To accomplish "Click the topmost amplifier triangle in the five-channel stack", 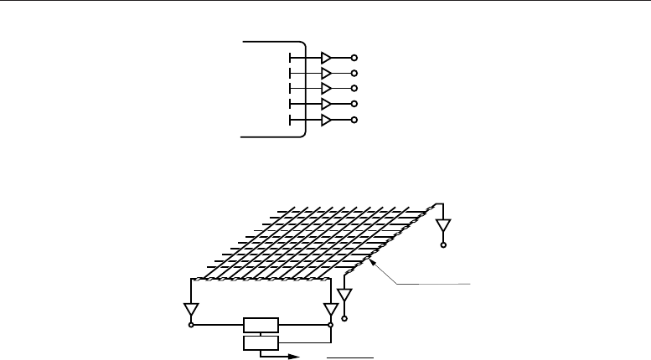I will click(326, 58).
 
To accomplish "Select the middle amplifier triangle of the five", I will click(326, 88).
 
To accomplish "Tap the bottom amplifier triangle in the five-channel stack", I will click(326, 120).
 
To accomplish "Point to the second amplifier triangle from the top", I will click(326, 73).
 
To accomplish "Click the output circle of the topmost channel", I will click(354, 58).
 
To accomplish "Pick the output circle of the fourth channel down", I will click(354, 104).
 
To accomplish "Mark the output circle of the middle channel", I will click(354, 88).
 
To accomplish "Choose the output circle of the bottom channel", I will click(354, 120).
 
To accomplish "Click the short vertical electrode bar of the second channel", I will click(289, 73).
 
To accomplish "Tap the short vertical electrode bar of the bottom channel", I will click(289, 120).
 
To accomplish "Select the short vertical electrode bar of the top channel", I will click(289, 58).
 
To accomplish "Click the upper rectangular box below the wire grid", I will click(260, 325).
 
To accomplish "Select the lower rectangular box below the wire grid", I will click(260, 343).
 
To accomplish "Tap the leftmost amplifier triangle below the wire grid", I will click(192, 310).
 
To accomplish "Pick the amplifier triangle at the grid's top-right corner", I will click(443, 226).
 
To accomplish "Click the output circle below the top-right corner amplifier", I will click(443, 245).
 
